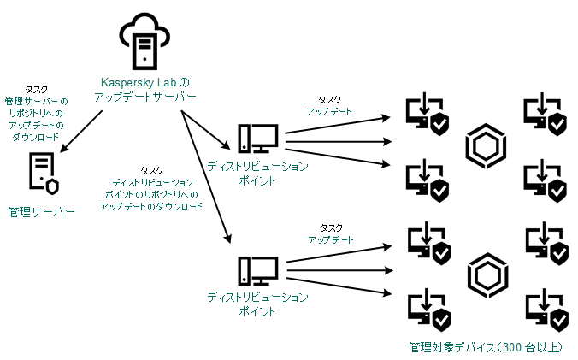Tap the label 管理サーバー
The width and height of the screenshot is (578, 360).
pyautogui.click(x=42, y=210)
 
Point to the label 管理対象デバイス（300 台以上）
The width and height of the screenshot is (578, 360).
pyautogui.click(x=492, y=348)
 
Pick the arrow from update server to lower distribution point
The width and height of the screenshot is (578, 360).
pyautogui.click(x=205, y=171)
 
